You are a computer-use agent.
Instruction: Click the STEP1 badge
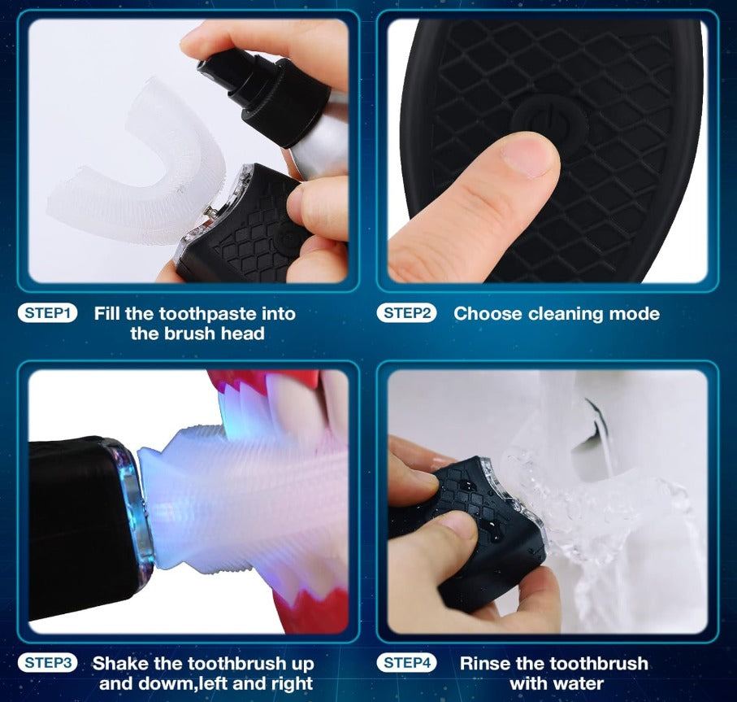[47, 313]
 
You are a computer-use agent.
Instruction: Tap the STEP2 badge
[406, 313]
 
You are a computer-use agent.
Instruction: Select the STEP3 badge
[47, 663]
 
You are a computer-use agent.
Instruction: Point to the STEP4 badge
[406, 663]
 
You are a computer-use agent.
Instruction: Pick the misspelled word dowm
[169, 683]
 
